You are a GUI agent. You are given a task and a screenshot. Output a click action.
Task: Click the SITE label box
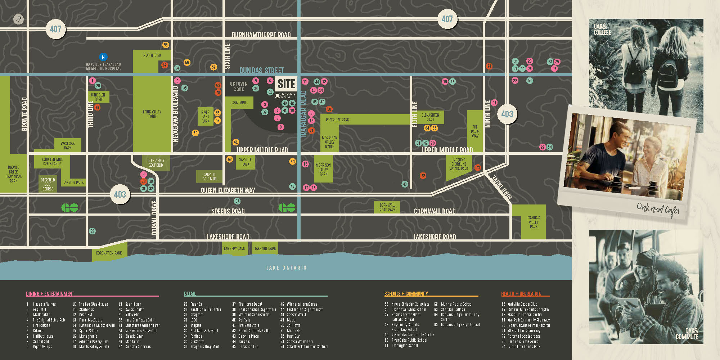pyautogui.click(x=286, y=84)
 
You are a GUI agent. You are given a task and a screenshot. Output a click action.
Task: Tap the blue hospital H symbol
pyautogui.click(x=103, y=57)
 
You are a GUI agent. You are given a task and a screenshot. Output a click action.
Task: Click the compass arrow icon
pyautogui.click(x=18, y=19)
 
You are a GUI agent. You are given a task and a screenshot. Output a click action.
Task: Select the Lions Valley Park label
pyautogui.click(x=152, y=114)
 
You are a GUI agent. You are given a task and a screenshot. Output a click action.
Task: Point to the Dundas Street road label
pyautogui.click(x=262, y=70)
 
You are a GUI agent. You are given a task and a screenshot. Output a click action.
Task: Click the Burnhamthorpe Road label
pyautogui.click(x=261, y=35)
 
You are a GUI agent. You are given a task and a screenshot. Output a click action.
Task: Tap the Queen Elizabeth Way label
pyautogui.click(x=228, y=190)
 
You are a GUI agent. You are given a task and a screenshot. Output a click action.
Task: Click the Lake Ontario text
pyautogui.click(x=286, y=267)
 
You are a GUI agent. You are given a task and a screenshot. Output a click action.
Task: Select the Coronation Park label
pyautogui.click(x=109, y=253)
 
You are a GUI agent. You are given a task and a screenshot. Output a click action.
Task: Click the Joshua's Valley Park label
pyautogui.click(x=533, y=222)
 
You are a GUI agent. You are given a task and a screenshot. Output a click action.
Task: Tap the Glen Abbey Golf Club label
pyautogui.click(x=156, y=163)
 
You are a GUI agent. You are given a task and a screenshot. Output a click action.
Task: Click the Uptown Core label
pyautogui.click(x=239, y=86)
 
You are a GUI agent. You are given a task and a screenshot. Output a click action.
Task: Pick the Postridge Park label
pyautogui.click(x=337, y=120)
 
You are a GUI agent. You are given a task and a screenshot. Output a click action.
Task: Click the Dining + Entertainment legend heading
pyautogui.click(x=50, y=294)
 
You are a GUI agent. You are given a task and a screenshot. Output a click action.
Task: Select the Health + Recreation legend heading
pyautogui.click(x=521, y=294)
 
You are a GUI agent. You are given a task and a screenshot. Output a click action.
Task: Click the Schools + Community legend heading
pyautogui.click(x=406, y=294)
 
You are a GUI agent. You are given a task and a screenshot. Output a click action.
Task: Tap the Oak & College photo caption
pyautogui.click(x=602, y=30)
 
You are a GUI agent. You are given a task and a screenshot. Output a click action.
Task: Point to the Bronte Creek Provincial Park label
pyautogui.click(x=13, y=174)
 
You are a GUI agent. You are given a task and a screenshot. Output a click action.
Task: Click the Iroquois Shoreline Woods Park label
pyautogui.click(x=459, y=164)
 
